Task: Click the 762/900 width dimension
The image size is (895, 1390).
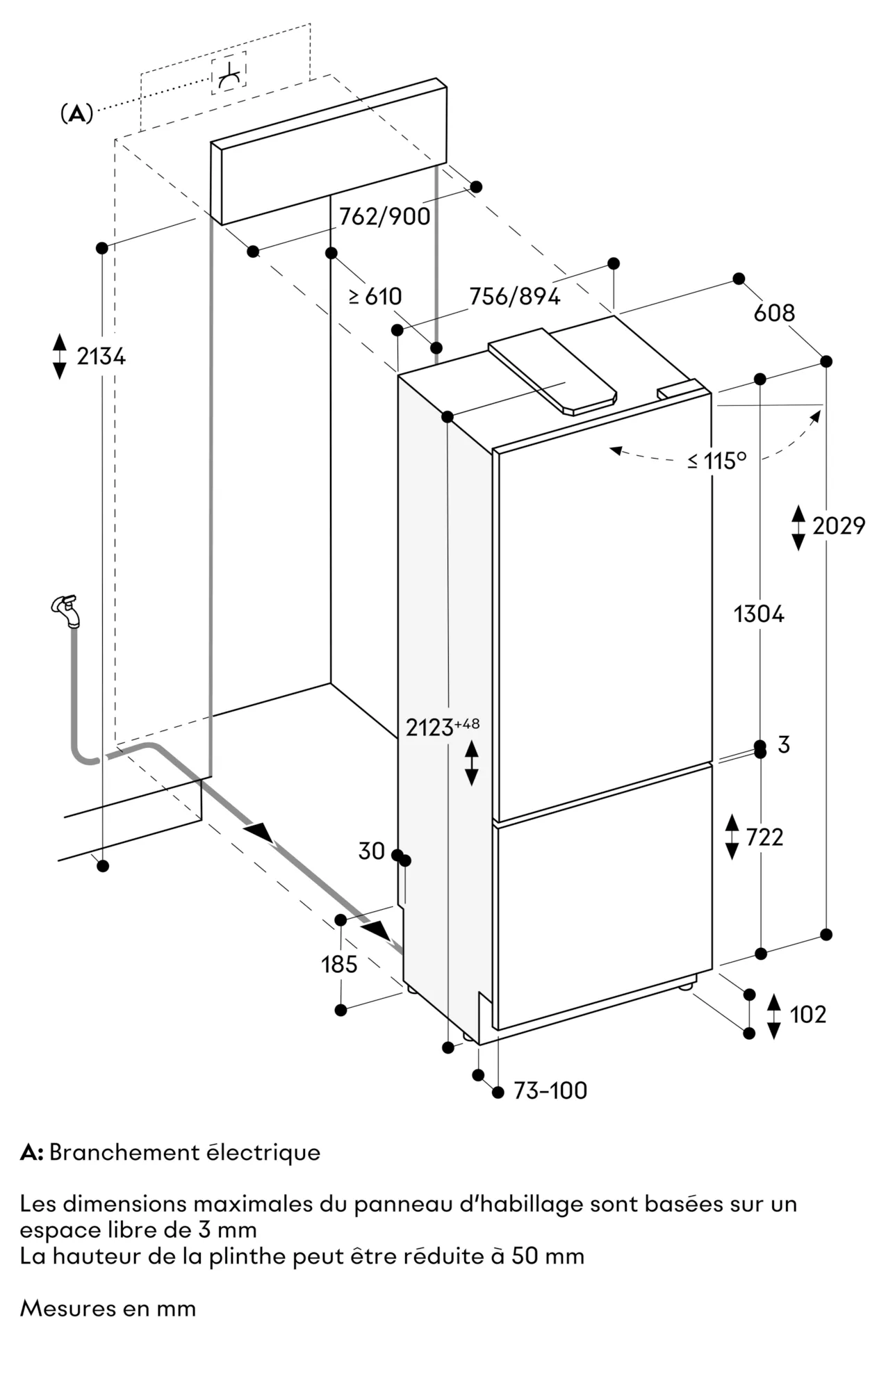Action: (x=384, y=216)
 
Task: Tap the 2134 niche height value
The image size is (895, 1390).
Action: (x=101, y=357)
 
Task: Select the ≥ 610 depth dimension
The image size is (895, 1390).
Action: (x=375, y=297)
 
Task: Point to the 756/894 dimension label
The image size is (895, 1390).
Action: (x=514, y=297)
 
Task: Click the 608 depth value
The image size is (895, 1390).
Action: (x=773, y=313)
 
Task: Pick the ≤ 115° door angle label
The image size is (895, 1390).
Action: (x=716, y=461)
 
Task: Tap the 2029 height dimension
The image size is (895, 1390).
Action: (x=838, y=526)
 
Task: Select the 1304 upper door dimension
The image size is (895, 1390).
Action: (x=759, y=614)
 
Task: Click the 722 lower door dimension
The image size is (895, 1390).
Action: (x=764, y=837)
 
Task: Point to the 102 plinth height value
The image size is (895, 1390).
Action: (x=807, y=1015)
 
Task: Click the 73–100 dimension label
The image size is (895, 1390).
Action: (x=550, y=1090)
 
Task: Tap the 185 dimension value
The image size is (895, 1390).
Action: (x=339, y=965)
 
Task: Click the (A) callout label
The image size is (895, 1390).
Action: (x=76, y=113)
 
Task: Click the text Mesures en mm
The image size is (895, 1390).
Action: (x=108, y=1309)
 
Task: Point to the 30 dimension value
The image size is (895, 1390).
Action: (x=371, y=851)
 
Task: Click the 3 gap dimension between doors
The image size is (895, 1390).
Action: (x=784, y=745)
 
